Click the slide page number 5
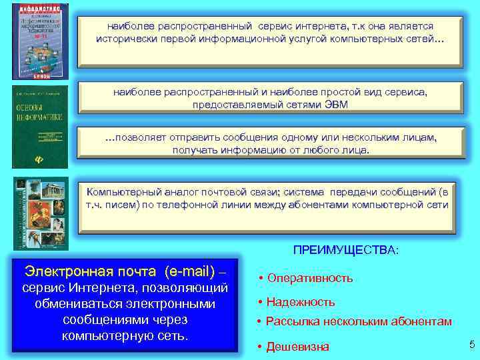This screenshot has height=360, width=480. click(x=471, y=344)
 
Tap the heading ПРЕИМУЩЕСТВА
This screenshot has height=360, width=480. click(x=346, y=250)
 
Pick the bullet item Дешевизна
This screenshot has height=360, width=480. click(x=297, y=346)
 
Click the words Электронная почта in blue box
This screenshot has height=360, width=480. click(x=83, y=271)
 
